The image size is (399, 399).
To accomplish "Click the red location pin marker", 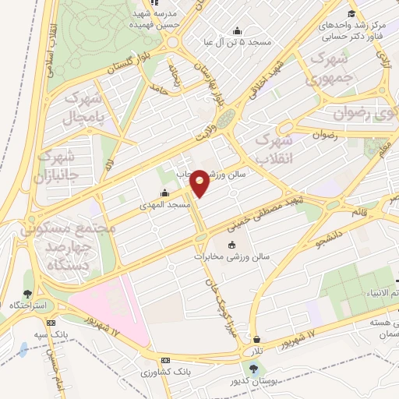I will coord(200,182).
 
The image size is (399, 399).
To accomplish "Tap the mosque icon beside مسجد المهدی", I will coord(164,193).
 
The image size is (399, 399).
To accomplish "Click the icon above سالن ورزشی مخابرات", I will coord(231,246).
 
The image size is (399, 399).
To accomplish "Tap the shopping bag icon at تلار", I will coord(257,339).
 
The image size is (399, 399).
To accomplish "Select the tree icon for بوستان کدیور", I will coord(252,366).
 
